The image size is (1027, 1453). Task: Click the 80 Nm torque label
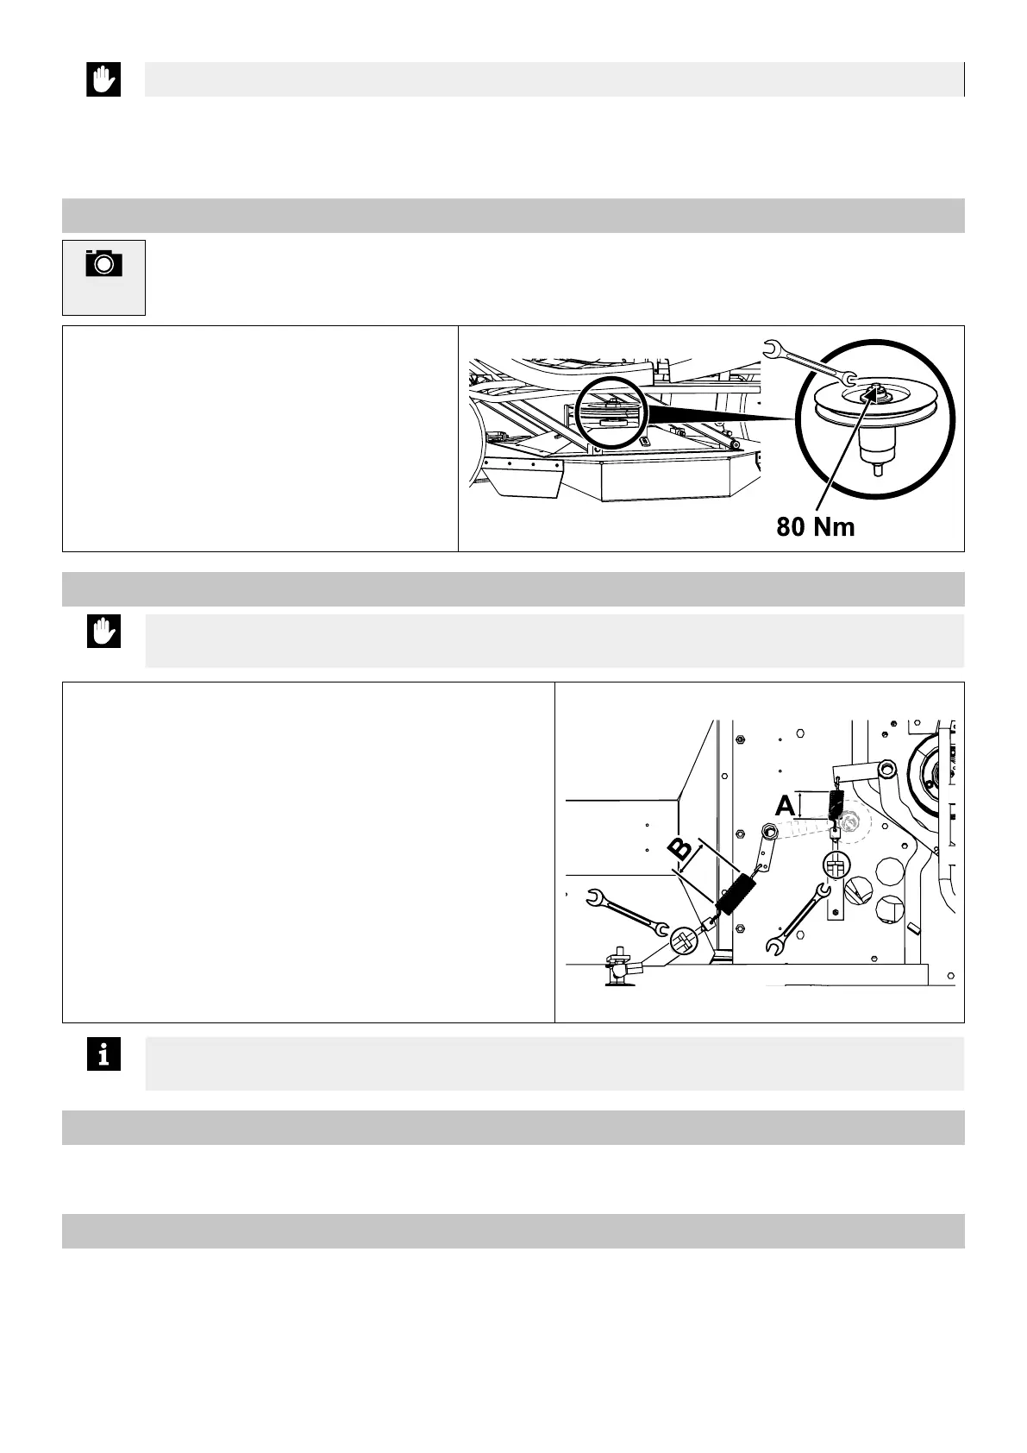point(815,525)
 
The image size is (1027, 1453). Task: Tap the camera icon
point(103,263)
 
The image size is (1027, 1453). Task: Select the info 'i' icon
point(103,1054)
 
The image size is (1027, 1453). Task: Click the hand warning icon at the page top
point(103,80)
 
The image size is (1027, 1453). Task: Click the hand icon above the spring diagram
point(103,632)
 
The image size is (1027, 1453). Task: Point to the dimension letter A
point(785,808)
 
